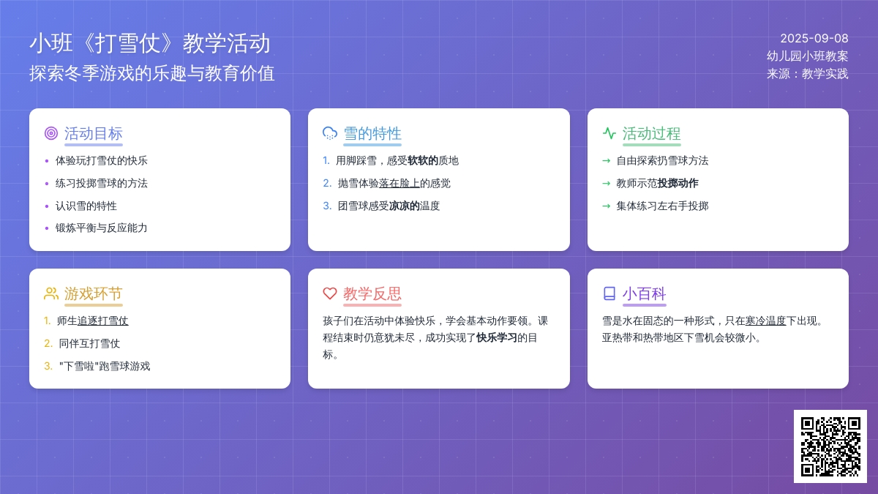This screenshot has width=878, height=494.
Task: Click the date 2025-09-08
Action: [x=814, y=38]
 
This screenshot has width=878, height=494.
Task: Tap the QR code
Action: [x=830, y=446]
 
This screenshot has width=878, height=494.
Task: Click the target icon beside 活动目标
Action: [x=51, y=133]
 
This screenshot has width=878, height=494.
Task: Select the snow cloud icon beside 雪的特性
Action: [x=330, y=133]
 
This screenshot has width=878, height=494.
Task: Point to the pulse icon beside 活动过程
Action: [x=609, y=133]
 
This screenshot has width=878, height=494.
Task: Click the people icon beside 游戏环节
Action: [x=51, y=293]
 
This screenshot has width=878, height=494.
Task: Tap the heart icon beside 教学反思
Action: [x=330, y=293]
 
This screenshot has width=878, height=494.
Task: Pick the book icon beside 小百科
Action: [x=609, y=293]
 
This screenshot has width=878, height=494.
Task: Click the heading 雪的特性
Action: [x=372, y=134]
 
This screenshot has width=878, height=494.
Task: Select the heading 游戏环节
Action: [x=94, y=293]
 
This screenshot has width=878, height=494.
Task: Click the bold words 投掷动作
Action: [x=678, y=183]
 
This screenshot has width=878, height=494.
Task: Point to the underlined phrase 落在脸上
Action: [x=399, y=183]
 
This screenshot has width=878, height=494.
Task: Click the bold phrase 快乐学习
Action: [x=497, y=337]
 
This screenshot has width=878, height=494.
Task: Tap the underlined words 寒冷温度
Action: [x=765, y=321]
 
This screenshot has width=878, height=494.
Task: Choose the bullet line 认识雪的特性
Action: [x=86, y=206]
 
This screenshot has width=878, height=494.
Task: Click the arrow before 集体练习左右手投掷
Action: [x=607, y=206]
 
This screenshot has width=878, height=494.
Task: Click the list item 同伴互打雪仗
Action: [x=89, y=343]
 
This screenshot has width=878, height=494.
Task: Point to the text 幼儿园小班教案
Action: [x=808, y=56]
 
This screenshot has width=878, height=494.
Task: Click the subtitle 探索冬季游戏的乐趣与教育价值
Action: [x=152, y=73]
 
